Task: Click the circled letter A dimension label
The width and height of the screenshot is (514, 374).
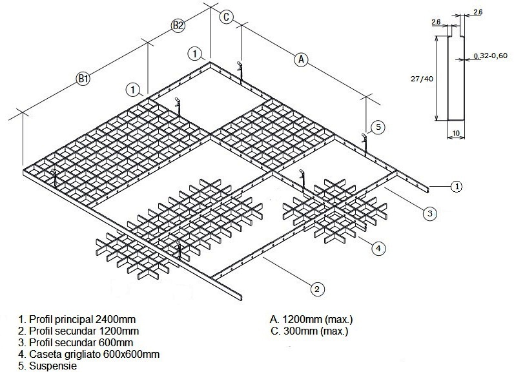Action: click(x=300, y=59)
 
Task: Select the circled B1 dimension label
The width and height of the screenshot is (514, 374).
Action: click(x=83, y=79)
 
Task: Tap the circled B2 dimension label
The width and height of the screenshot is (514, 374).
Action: click(x=178, y=26)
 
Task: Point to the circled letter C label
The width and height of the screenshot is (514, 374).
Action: click(x=225, y=17)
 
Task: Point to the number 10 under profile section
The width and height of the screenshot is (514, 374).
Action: click(x=456, y=133)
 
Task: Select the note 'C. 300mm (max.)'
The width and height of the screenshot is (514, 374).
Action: click(x=311, y=331)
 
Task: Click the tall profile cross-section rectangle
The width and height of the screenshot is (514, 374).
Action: click(x=456, y=78)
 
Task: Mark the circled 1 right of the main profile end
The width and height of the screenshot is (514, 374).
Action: click(x=456, y=187)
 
